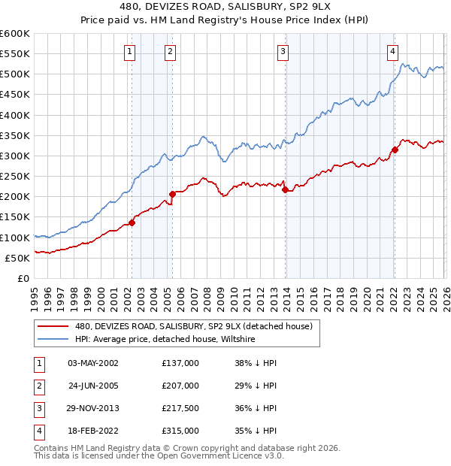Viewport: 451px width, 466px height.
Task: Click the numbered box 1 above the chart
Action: tap(130, 52)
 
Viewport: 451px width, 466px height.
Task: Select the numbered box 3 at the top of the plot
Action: tap(283, 52)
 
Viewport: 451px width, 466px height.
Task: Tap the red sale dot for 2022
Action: tap(395, 150)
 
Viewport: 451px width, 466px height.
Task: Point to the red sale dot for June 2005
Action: tap(172, 194)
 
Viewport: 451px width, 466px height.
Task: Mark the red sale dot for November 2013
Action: tap(285, 189)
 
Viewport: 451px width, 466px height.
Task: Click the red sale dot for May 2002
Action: tap(132, 222)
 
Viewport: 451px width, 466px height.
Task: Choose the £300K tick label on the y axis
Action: tap(15, 156)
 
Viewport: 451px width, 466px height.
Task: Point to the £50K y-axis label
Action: tap(18, 258)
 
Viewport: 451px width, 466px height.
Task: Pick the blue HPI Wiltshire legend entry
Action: tap(165, 340)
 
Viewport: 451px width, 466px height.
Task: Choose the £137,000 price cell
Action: tap(180, 363)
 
